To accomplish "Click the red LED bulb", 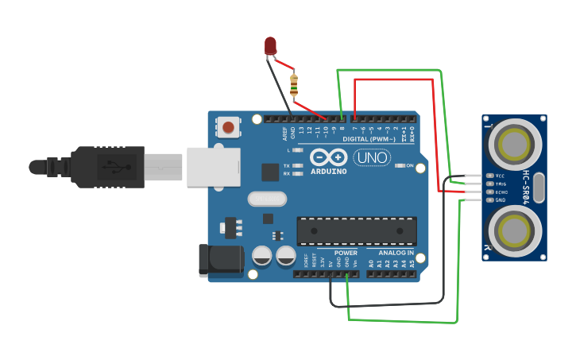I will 271,45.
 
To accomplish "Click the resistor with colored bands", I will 295,83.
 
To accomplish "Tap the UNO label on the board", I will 371,157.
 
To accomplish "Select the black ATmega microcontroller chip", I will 356,230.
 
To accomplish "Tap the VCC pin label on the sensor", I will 501,176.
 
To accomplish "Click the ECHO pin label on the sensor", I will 501,192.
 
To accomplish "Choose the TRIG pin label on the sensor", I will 501,184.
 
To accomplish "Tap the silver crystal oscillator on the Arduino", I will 266,199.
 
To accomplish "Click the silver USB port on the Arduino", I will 213,167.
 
